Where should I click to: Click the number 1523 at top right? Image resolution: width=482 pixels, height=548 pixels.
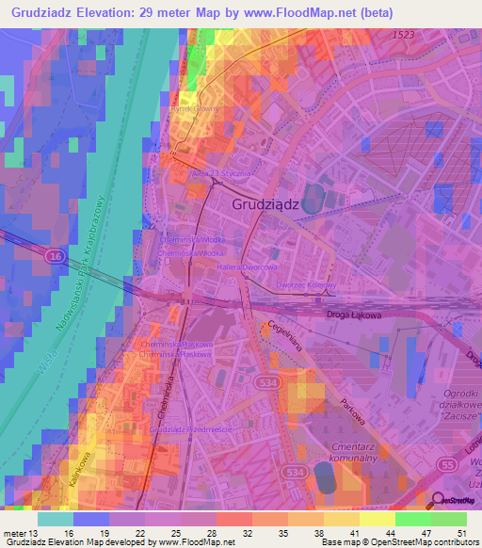(405, 34)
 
